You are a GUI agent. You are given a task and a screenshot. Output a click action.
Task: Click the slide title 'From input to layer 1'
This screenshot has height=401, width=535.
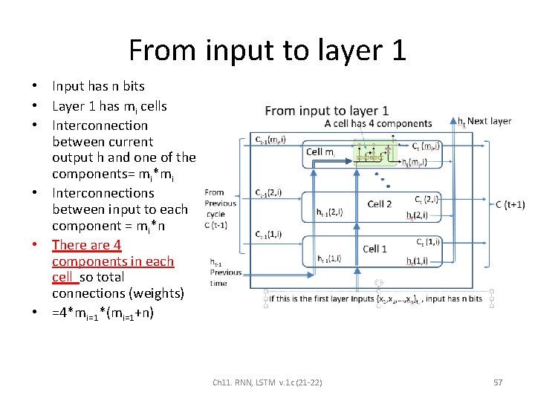point(267,50)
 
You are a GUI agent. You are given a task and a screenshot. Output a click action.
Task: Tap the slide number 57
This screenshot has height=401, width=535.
point(498,382)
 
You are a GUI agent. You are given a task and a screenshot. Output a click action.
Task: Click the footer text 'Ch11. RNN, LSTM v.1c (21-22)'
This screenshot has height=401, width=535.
point(267,382)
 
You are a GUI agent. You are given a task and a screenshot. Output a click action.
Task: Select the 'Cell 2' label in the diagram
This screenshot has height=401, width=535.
point(379,203)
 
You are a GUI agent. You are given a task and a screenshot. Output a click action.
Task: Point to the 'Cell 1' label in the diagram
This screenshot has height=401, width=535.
point(374,249)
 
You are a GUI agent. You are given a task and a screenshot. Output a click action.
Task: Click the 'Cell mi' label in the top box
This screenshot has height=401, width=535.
point(321,152)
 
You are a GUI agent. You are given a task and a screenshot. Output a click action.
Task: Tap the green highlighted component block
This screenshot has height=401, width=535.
point(375,154)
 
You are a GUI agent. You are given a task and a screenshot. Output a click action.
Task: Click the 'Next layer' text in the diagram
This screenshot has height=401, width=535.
point(489,121)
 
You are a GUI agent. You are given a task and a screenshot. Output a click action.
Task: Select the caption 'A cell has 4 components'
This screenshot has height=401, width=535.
point(378,123)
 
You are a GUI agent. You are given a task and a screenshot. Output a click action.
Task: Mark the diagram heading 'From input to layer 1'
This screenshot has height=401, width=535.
point(326,111)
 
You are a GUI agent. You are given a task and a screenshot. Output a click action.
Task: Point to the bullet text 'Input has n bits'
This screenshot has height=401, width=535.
point(98,86)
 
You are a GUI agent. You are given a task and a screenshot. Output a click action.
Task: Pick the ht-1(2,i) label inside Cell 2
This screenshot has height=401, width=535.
point(329,212)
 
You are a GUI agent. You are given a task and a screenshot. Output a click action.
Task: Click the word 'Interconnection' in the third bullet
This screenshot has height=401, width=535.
point(100,125)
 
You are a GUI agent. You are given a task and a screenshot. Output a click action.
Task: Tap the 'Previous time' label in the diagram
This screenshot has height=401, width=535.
point(225,277)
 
